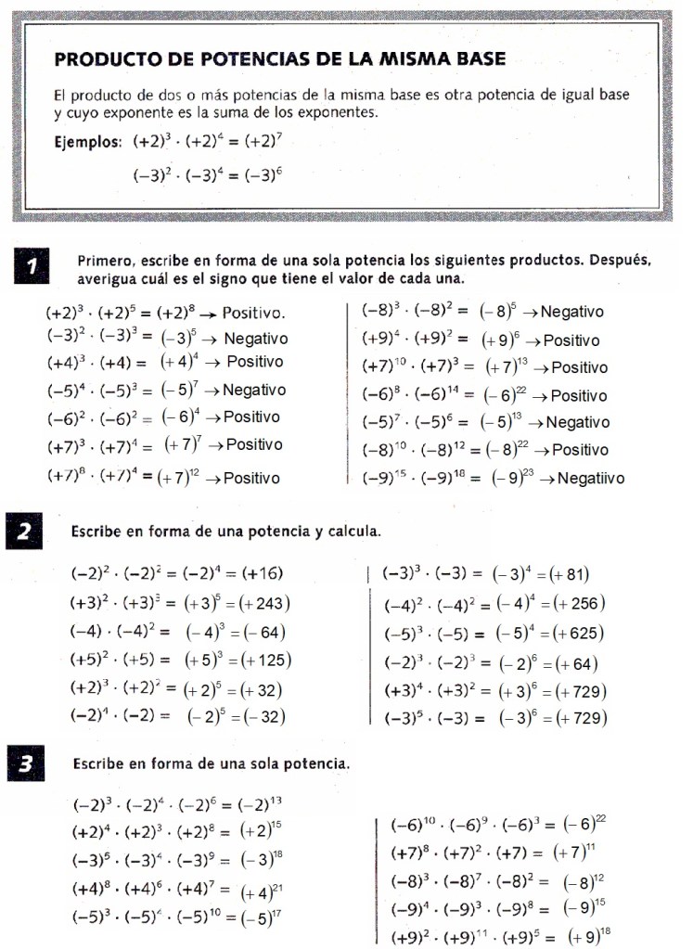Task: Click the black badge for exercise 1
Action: [x=31, y=268]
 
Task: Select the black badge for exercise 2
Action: [x=25, y=532]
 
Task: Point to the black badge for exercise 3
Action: [x=26, y=765]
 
